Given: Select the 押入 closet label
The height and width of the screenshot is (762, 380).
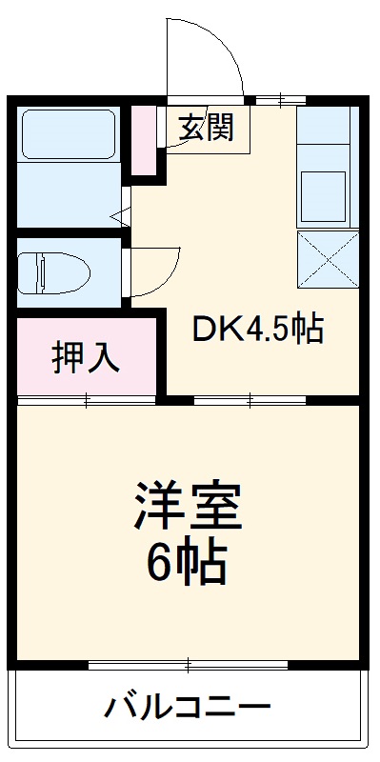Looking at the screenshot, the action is [86, 357].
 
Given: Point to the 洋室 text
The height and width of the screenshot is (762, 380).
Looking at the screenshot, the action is [189, 506].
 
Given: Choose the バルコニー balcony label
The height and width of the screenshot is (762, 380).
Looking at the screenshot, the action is [188, 708].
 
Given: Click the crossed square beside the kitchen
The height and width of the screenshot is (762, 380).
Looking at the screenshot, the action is [326, 259].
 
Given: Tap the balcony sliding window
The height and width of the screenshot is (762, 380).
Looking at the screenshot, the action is [188, 664].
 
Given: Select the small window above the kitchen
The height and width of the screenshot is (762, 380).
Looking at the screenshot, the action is [280, 98].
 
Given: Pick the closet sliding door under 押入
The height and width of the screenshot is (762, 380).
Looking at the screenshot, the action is [87, 400].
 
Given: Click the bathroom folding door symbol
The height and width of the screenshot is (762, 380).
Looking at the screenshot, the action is [124, 216].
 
